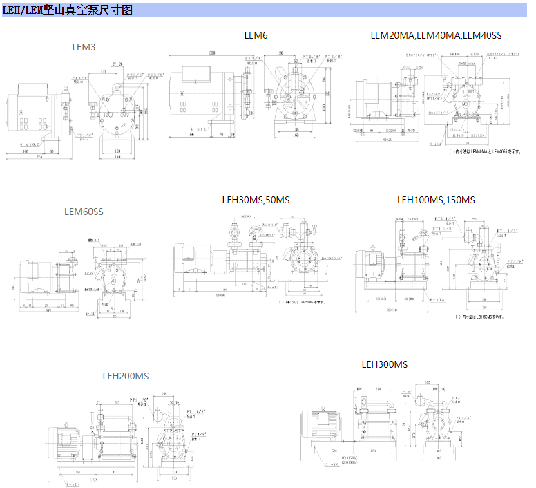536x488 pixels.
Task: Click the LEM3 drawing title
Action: pyautogui.click(x=84, y=47)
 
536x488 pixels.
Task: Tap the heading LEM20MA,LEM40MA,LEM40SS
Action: pyautogui.click(x=436, y=35)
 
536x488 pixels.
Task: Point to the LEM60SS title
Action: pyautogui.click(x=84, y=212)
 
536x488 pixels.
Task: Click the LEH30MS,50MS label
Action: pyautogui.click(x=256, y=200)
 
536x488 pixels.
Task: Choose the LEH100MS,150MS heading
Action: pyautogui.click(x=436, y=200)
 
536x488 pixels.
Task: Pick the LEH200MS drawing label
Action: pyautogui.click(x=125, y=377)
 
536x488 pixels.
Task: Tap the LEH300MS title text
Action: pyautogui.click(x=385, y=364)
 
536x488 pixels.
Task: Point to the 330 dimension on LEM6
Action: pyautogui.click(x=213, y=53)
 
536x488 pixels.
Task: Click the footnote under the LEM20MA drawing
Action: pyautogui.click(x=485, y=152)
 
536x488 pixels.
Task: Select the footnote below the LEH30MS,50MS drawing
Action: pyautogui.click(x=301, y=302)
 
